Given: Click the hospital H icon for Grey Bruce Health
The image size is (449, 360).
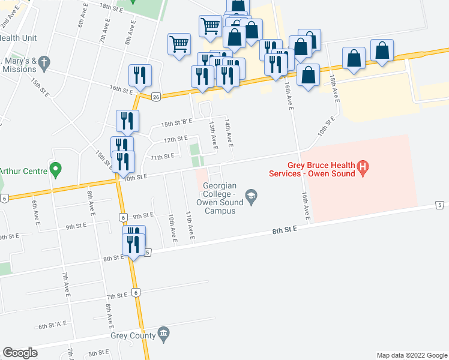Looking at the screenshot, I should (363, 169).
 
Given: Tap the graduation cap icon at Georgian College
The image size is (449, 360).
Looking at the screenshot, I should (251, 194).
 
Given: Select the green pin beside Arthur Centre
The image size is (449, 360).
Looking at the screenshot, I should (56, 170).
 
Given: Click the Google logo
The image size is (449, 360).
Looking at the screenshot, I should (20, 353).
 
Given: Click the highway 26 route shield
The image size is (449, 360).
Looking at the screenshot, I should (156, 97).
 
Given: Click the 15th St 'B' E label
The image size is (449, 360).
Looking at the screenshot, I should (176, 122).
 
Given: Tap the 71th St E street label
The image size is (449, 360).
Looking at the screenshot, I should (162, 156).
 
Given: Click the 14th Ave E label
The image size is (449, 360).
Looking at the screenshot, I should (229, 131).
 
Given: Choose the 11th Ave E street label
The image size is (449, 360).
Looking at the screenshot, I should (189, 225).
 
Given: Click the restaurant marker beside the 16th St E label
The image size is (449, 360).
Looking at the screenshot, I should (140, 76).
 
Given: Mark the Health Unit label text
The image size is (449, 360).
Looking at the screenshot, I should (19, 37).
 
